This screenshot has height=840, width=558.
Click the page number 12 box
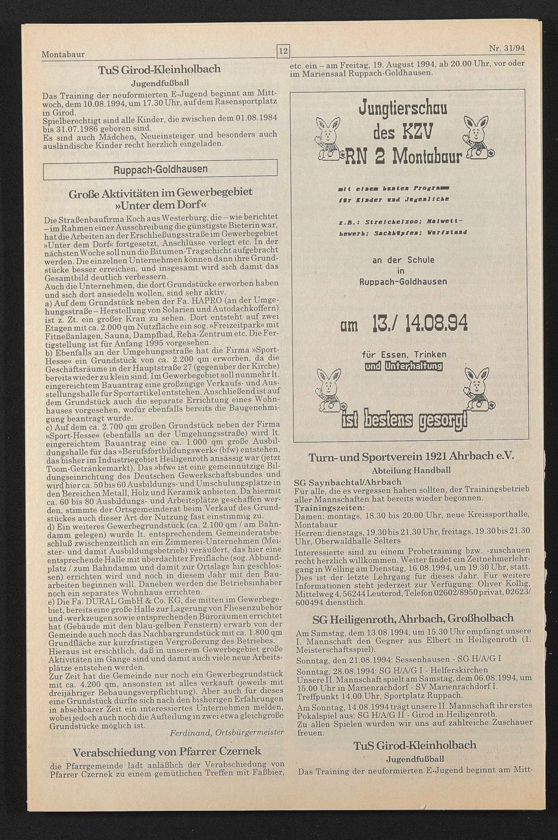[x=283, y=52]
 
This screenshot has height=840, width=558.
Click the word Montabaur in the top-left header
[x=63, y=55]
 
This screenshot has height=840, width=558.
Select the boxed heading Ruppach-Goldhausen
[x=160, y=169]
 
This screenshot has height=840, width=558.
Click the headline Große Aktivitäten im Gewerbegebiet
[x=161, y=192]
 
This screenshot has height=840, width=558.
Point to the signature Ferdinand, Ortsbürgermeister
[x=226, y=732]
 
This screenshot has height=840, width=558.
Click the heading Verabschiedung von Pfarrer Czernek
[x=167, y=751]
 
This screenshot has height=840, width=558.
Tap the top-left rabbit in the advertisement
[x=328, y=135]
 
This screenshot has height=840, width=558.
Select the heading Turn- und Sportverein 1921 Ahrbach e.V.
[x=410, y=456]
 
